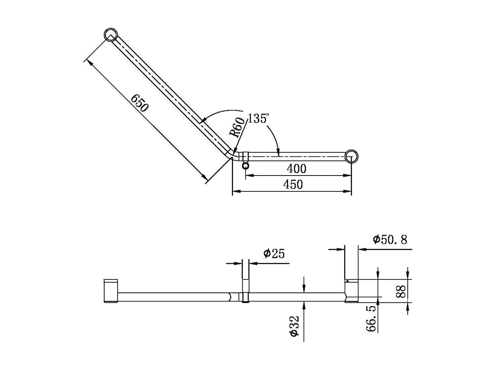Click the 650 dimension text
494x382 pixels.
[x=140, y=103]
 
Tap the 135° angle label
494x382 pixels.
[x=258, y=119]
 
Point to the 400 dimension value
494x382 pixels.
[x=296, y=168]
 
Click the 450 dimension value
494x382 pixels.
[x=293, y=184]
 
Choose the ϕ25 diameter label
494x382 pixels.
[x=274, y=254]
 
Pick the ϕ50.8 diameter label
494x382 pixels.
[x=390, y=239]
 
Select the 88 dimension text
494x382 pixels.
[x=401, y=291]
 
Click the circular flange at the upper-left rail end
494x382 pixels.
[x=110, y=35]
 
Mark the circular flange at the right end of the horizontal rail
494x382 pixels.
[x=351, y=156]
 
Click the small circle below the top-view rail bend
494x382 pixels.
[x=245, y=165]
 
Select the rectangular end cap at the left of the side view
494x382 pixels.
[x=111, y=291]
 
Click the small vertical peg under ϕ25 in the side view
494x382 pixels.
[x=246, y=291]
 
